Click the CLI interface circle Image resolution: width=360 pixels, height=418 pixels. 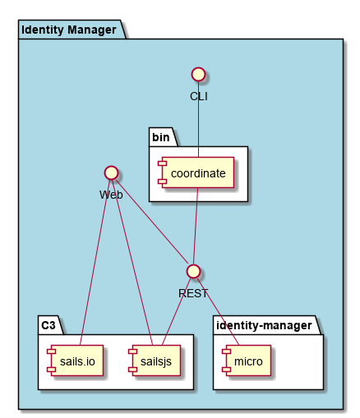pyautogui.click(x=199, y=74)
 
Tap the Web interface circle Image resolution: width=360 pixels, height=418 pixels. pyautogui.click(x=111, y=172)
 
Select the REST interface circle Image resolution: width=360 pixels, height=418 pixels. pyautogui.click(x=193, y=271)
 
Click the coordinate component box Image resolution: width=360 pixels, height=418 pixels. pyautogui.click(x=196, y=172)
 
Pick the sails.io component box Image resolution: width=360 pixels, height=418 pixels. pyautogui.click(x=75, y=361)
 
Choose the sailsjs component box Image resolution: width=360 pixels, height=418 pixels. pyautogui.click(x=155, y=361)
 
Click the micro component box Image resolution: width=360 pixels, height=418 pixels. pyautogui.click(x=247, y=361)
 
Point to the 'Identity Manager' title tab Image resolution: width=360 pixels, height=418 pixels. pyautogui.click(x=69, y=30)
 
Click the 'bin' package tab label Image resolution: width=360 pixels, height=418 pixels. pyautogui.click(x=161, y=137)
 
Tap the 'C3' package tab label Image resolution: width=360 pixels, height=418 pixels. pyautogui.click(x=48, y=325)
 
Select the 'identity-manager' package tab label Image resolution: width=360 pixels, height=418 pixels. pyautogui.click(x=264, y=325)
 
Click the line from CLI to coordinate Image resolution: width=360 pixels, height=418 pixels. pyautogui.click(x=199, y=119)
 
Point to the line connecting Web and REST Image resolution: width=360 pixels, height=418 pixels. pyautogui.click(x=152, y=222)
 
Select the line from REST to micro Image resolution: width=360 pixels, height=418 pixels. pyautogui.click(x=218, y=311)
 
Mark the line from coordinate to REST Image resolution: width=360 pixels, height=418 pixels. pyautogui.click(x=196, y=226)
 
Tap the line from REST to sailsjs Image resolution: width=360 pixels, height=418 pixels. pyautogui.click(x=177, y=311)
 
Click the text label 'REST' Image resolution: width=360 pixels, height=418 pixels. pyautogui.click(x=193, y=293)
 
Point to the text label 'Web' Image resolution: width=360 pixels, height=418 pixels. pyautogui.click(x=111, y=195)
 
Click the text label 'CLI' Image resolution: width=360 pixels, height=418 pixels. pyautogui.click(x=199, y=96)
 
